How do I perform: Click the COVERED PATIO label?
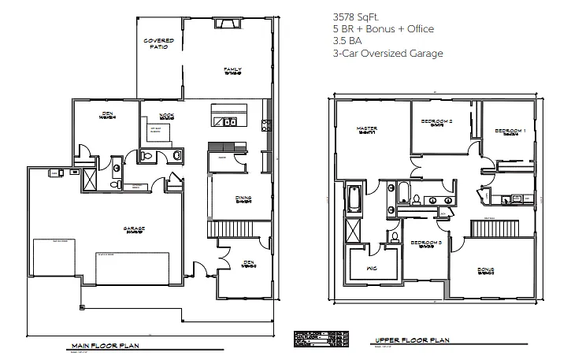tap(158, 43)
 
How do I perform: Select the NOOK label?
tap(167, 116)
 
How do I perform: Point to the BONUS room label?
tap(486, 270)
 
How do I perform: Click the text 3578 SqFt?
tap(354, 16)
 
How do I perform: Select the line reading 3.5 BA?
tap(346, 41)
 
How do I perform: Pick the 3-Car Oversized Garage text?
tap(388, 54)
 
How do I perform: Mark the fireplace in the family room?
tap(229, 24)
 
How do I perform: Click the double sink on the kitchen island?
tap(229, 122)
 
